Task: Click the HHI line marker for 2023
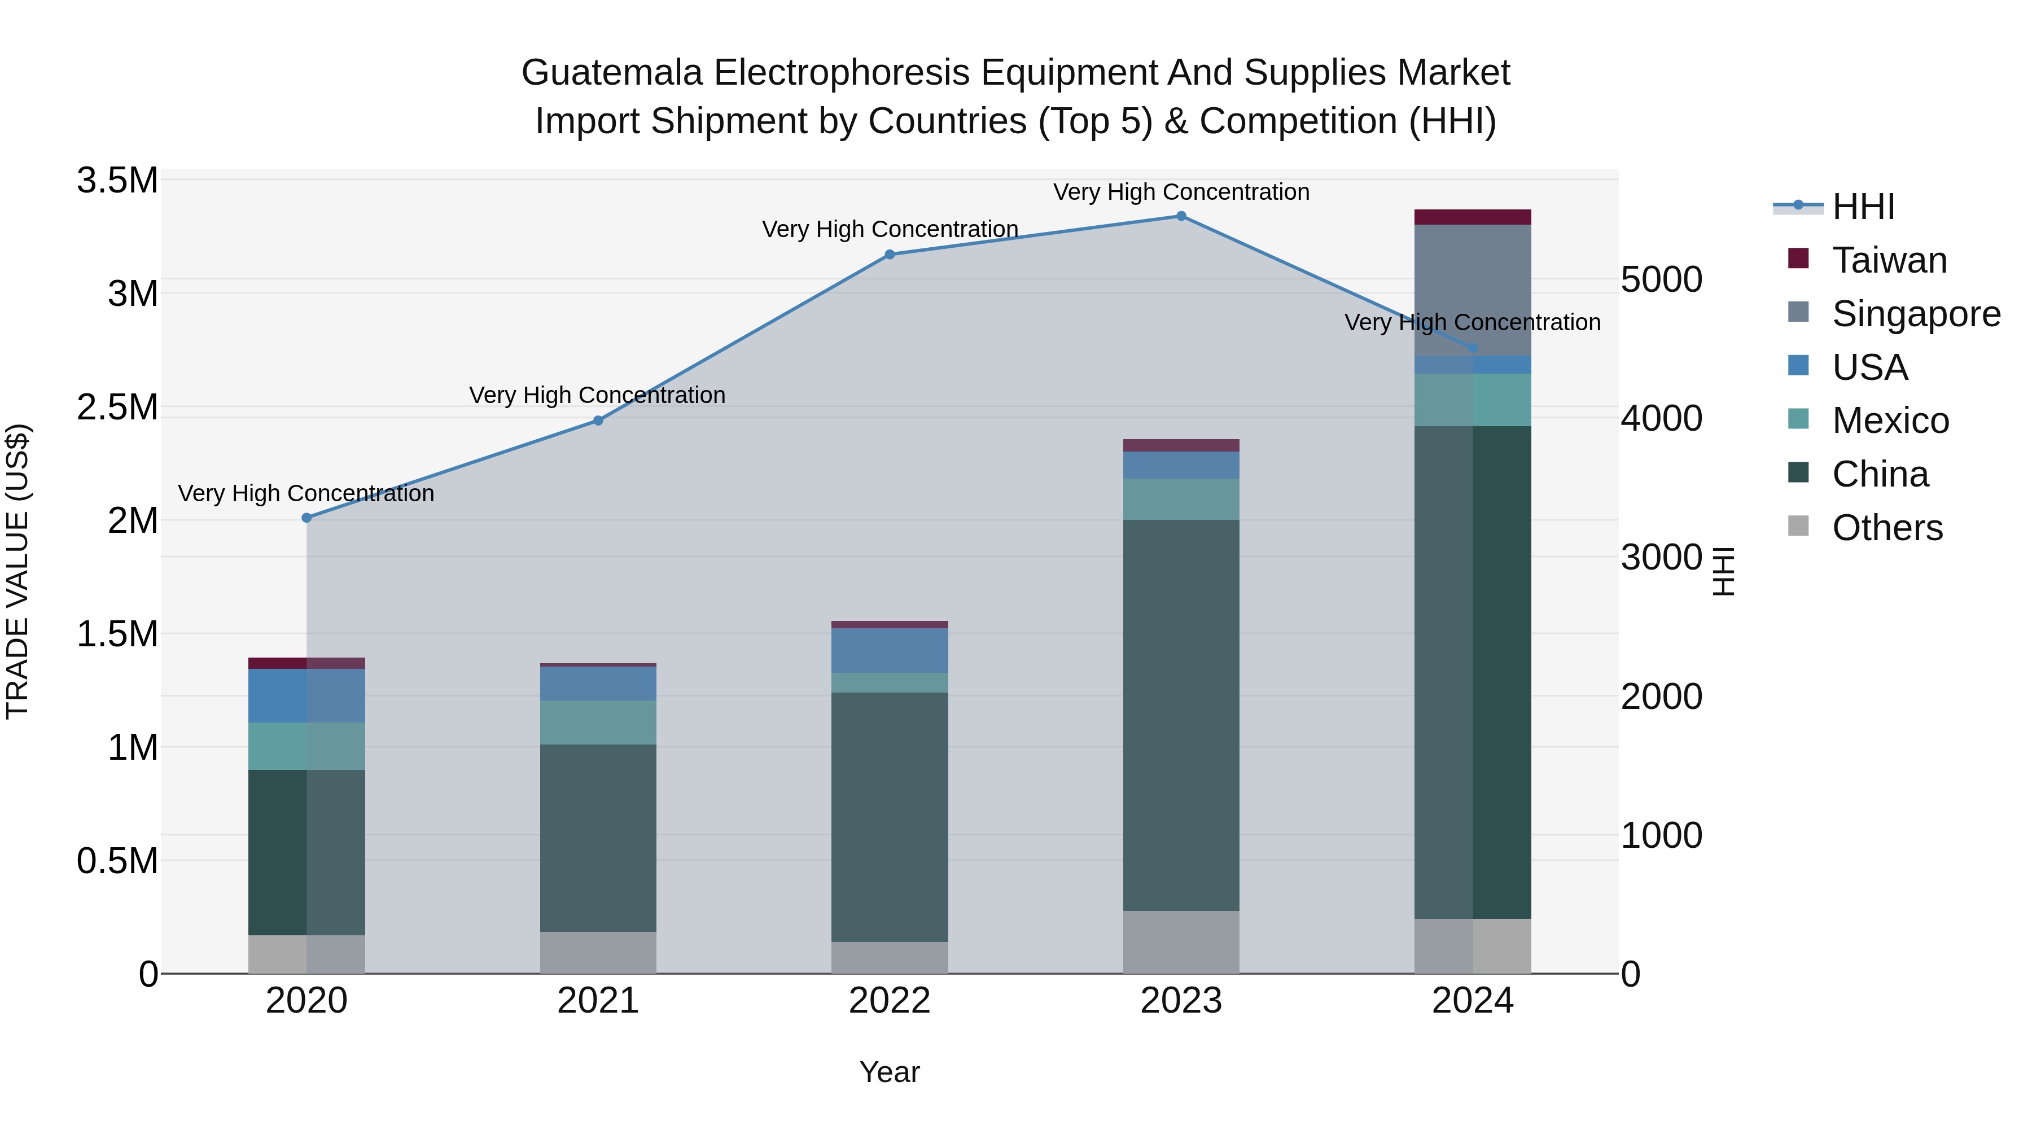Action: tap(1181, 216)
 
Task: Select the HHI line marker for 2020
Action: tap(307, 518)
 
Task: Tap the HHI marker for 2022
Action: tap(890, 255)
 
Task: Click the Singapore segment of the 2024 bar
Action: tap(1473, 290)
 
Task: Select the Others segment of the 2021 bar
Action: tap(598, 952)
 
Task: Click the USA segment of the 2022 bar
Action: tap(890, 651)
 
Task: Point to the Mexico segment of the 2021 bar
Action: tap(598, 722)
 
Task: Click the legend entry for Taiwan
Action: tap(1889, 260)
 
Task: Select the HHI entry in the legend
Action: tap(1863, 207)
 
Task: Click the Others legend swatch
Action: tap(1798, 525)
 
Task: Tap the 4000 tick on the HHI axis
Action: tap(1661, 419)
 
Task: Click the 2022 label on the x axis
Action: tap(890, 1001)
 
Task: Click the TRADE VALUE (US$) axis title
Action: tap(18, 571)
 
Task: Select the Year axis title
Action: tap(890, 1072)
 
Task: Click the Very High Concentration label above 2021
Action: tap(597, 395)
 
